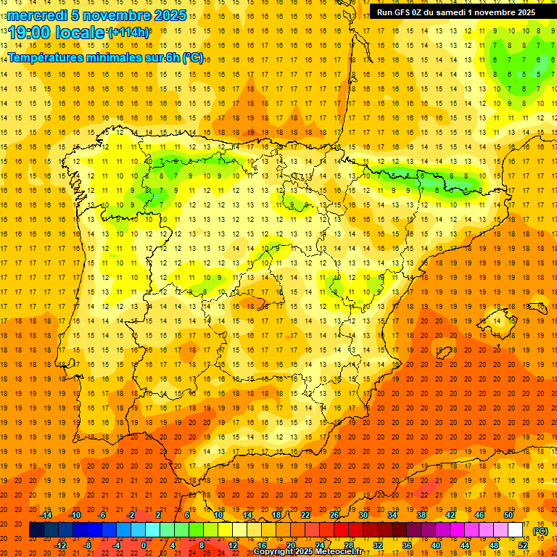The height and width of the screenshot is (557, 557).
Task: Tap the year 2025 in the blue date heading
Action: [x=168, y=15]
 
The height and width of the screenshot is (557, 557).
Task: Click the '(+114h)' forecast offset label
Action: [x=128, y=32]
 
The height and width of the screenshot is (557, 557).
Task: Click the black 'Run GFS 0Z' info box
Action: [x=456, y=12]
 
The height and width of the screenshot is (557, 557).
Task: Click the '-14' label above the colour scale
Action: [x=46, y=515]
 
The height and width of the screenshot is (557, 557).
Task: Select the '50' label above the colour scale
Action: [x=508, y=515]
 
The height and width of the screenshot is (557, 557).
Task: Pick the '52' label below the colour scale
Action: [x=523, y=545]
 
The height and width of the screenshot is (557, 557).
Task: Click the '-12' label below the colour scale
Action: [x=61, y=545]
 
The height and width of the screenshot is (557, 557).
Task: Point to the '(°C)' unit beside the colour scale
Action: [x=540, y=531]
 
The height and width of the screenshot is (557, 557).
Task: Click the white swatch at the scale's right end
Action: [x=516, y=530]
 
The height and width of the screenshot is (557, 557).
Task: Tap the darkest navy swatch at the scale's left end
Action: [x=36, y=530]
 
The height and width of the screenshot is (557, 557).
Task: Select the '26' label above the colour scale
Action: [x=334, y=515]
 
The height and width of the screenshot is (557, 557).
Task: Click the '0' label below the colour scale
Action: [x=144, y=545]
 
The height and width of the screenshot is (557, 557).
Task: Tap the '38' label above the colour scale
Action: [x=421, y=515]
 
